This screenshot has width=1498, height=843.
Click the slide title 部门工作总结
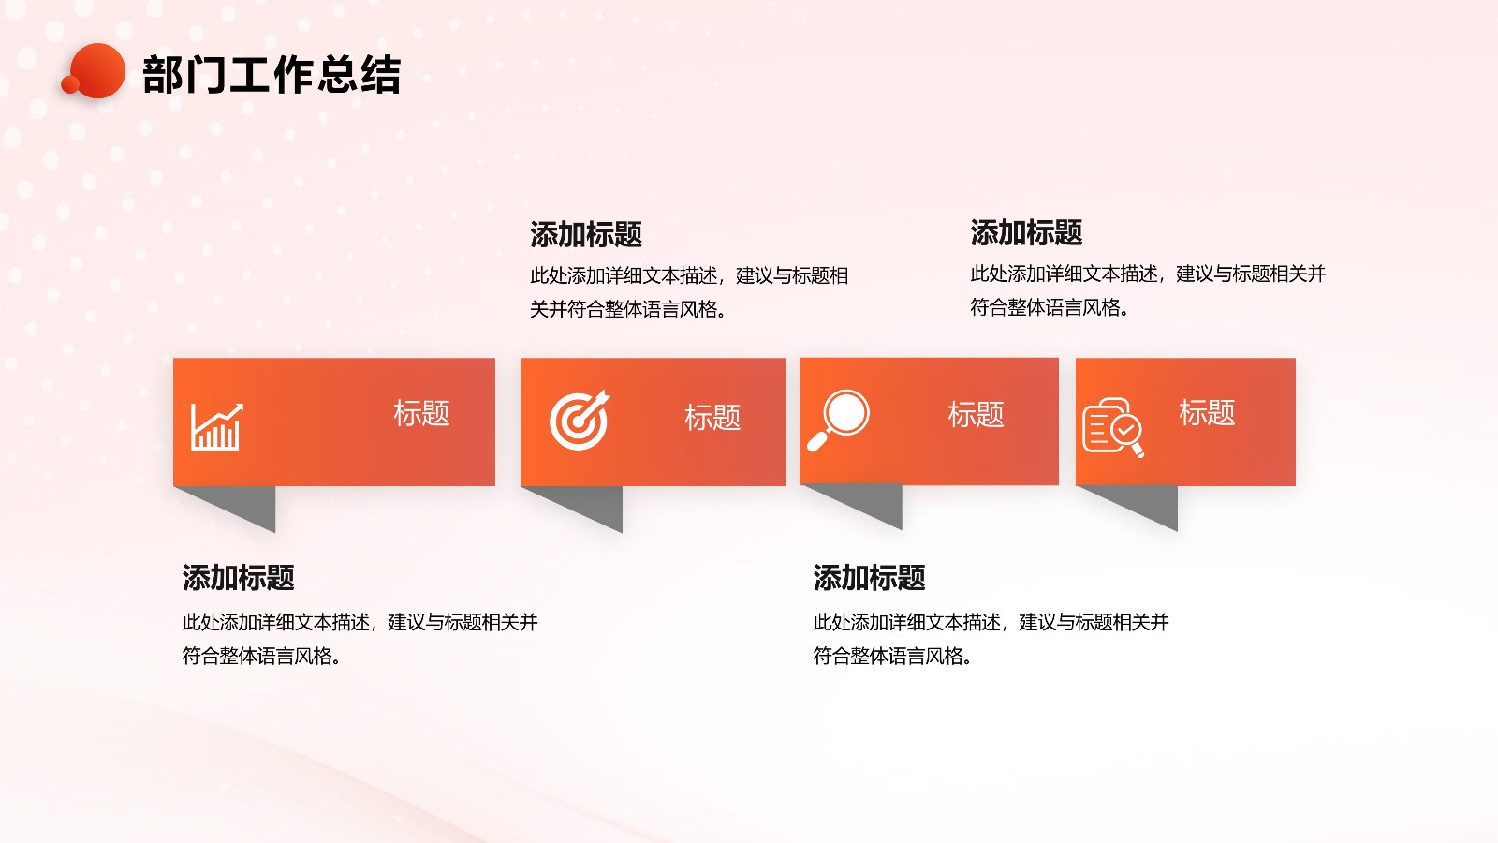272,74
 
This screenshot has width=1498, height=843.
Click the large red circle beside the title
97,70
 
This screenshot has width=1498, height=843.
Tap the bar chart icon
216,427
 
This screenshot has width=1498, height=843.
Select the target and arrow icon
580,420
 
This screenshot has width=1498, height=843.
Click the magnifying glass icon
839,421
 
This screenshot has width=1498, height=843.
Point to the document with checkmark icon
1113,427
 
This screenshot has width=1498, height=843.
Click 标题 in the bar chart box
421,413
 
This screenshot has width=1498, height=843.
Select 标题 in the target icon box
712,417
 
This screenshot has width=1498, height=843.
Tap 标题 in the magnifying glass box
976,414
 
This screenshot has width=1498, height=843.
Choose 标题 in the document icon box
1207,412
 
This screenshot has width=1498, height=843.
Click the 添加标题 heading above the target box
586,234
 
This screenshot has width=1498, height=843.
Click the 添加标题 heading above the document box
1026,232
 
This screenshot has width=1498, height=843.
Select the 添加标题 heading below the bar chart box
238,577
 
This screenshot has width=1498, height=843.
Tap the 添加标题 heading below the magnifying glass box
869,577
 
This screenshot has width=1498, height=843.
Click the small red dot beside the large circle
69,84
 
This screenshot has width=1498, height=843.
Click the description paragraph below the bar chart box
360,639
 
